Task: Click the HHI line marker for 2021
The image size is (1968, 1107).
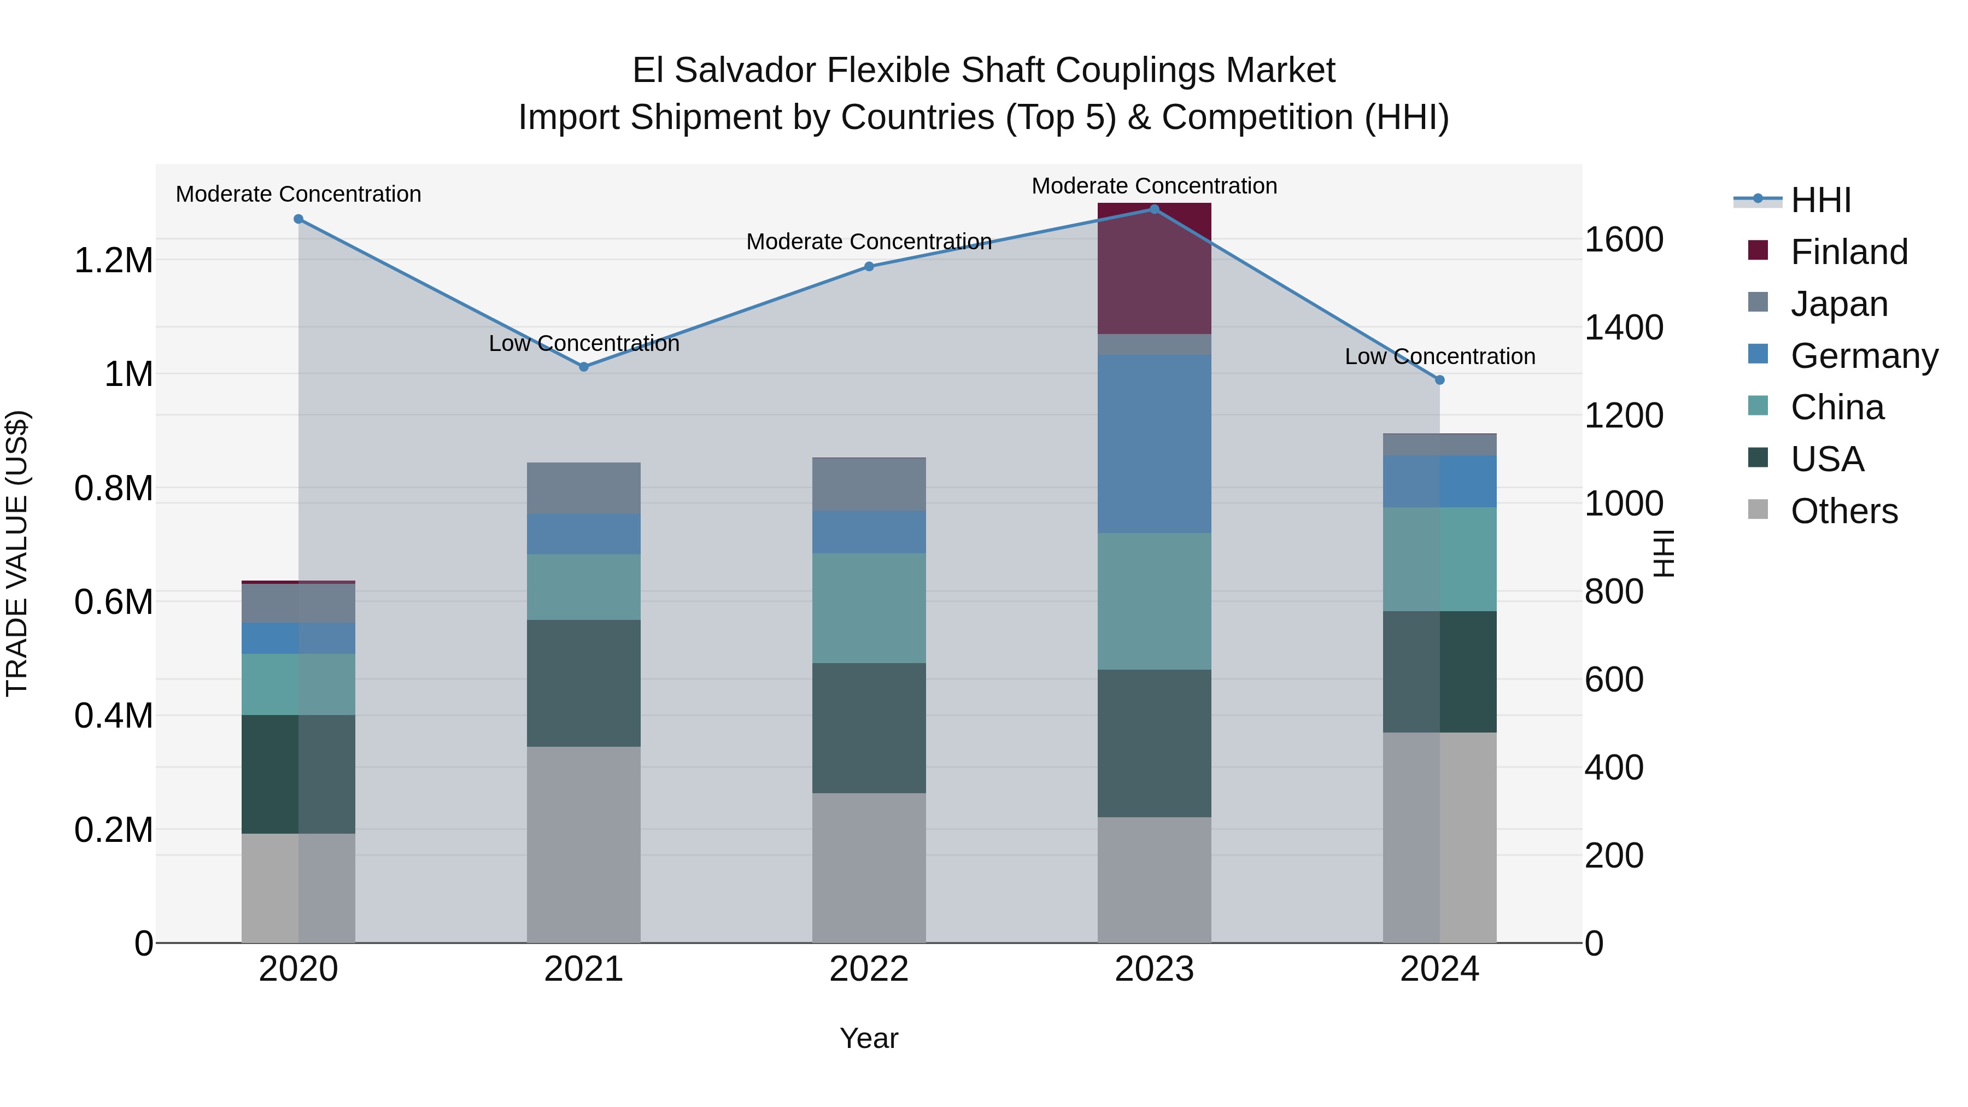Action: [x=584, y=367]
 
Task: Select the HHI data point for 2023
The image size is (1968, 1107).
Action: [x=1155, y=209]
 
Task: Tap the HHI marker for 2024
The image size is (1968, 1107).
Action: [x=1440, y=380]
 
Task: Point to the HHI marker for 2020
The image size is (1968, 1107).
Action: [x=298, y=219]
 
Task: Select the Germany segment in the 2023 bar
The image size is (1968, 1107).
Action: [x=1155, y=443]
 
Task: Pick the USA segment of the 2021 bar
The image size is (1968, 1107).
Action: [x=584, y=683]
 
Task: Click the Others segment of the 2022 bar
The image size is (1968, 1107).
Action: [x=869, y=867]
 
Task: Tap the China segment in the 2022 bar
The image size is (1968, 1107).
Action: [x=869, y=608]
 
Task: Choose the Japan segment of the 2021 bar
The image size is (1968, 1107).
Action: [x=584, y=488]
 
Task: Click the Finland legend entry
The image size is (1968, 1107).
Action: [x=1849, y=252]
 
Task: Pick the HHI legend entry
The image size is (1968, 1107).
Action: [x=1820, y=200]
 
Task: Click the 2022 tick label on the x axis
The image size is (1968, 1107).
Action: [x=869, y=969]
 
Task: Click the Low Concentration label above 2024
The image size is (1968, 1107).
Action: [x=1440, y=357]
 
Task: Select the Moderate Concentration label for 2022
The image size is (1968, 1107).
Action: [x=869, y=242]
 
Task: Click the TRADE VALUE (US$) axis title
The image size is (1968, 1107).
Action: [x=17, y=553]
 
